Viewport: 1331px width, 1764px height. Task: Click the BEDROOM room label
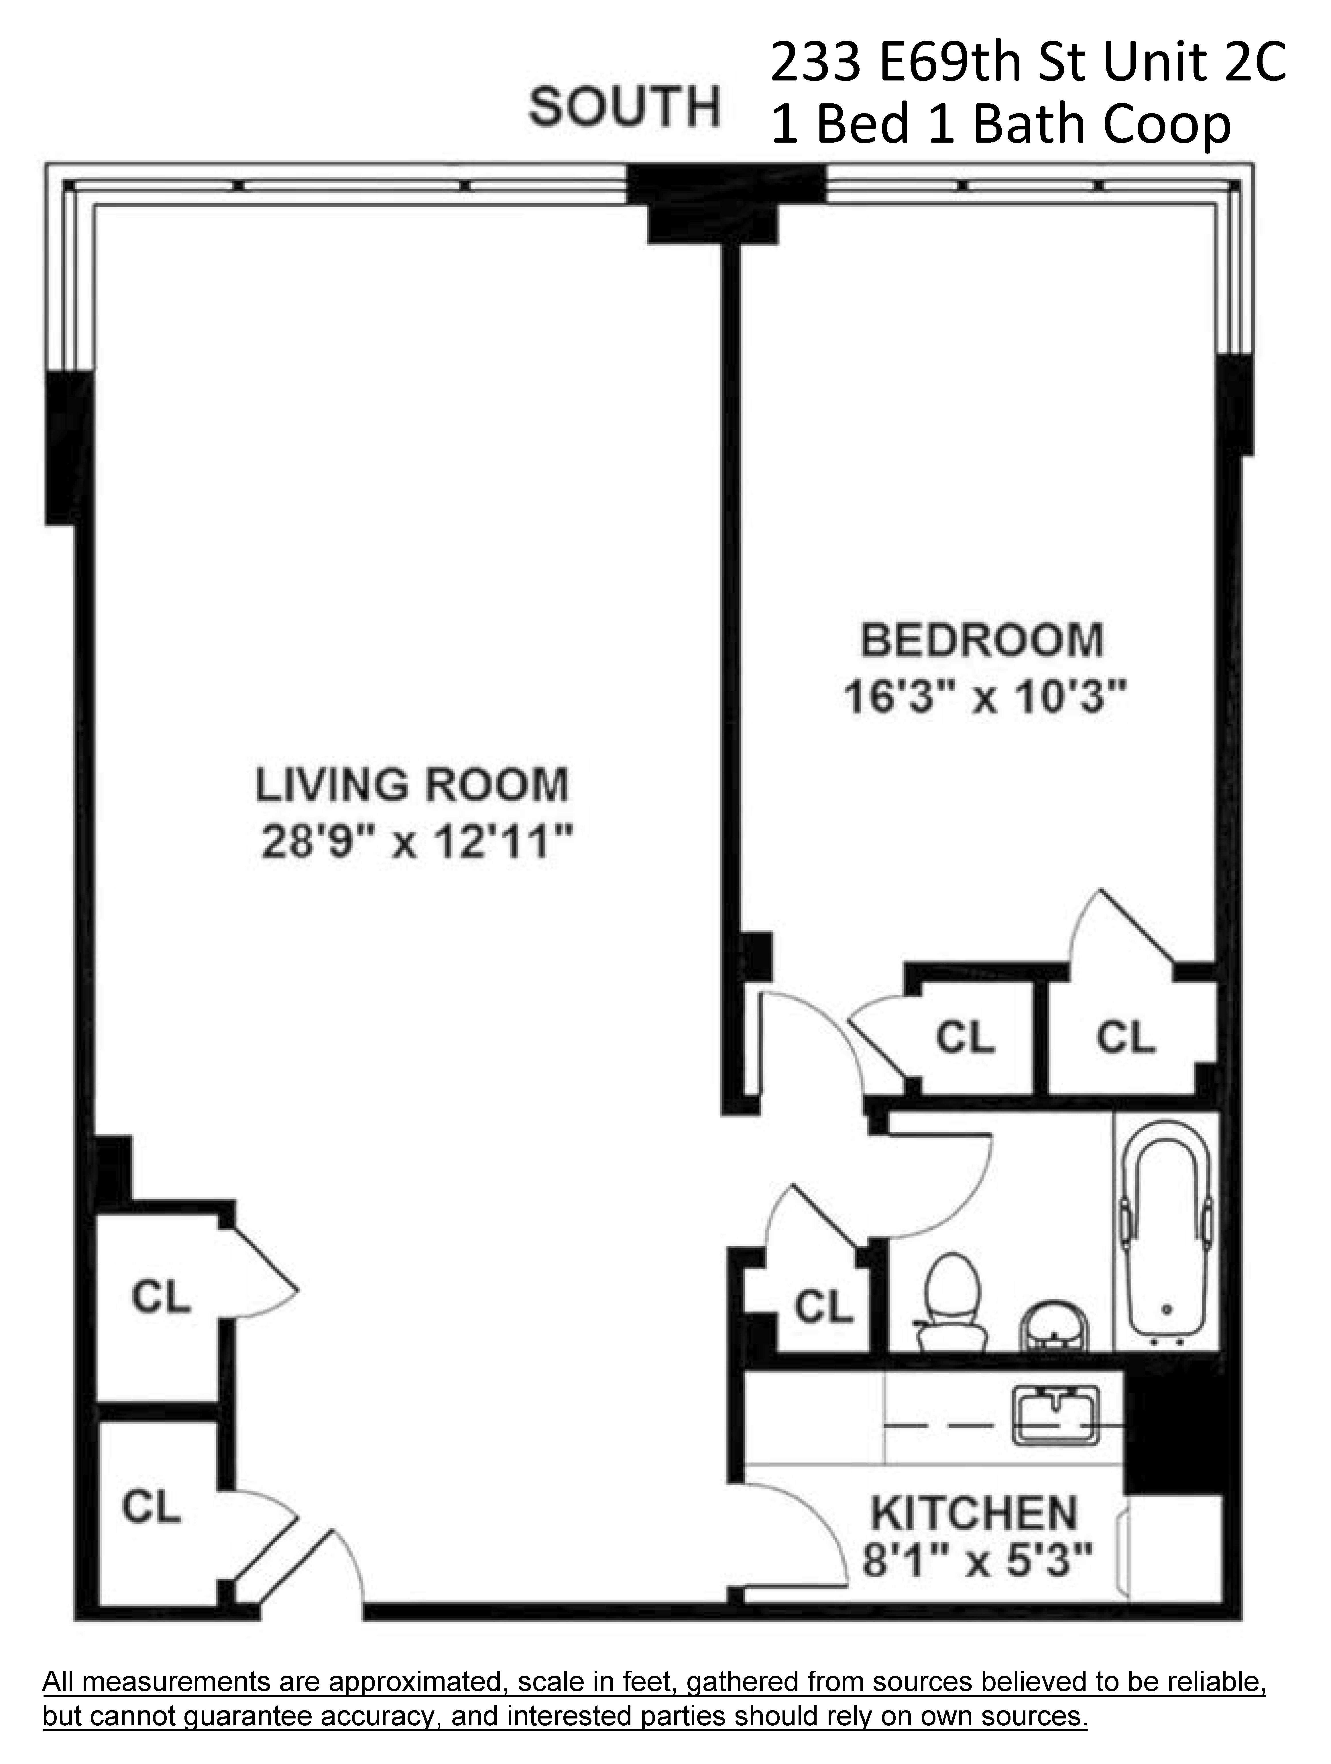982,640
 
